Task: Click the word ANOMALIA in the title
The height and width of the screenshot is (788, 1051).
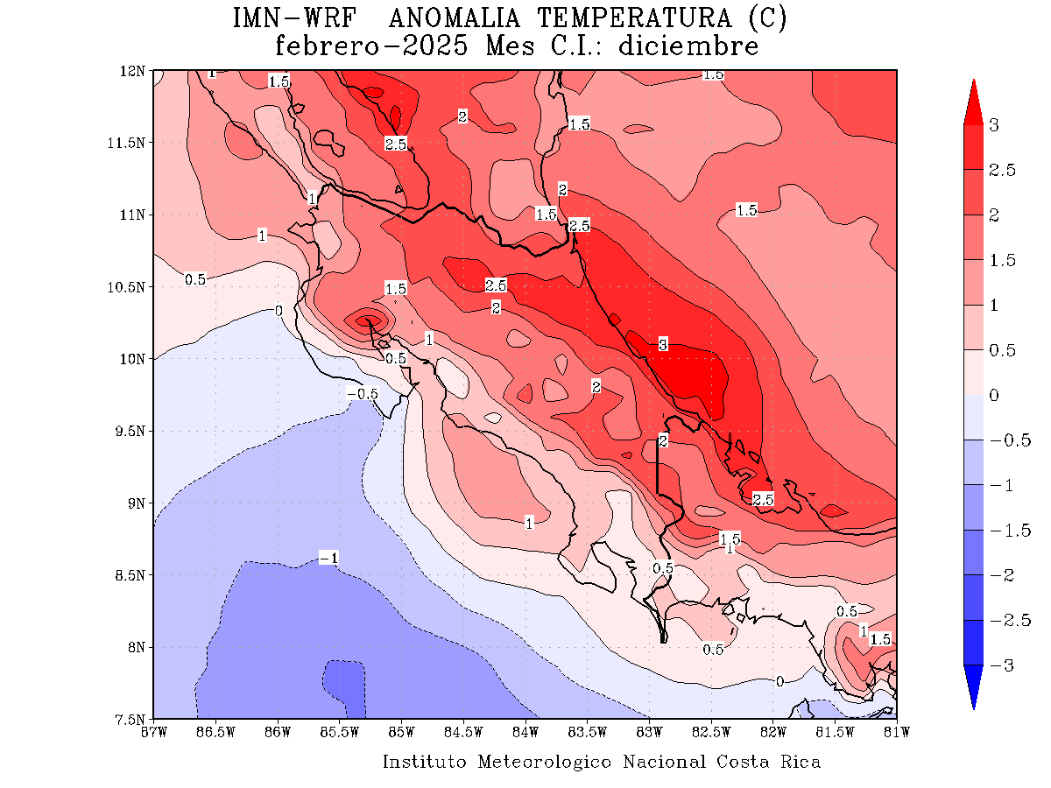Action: (455, 18)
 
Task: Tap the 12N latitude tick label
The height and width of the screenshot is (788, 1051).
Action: (136, 70)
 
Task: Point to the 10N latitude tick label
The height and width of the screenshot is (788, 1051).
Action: (136, 359)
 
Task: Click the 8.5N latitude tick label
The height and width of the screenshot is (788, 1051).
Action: (133, 575)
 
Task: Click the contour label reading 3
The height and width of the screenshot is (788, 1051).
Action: (663, 345)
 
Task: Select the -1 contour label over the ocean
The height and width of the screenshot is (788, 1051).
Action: (328, 558)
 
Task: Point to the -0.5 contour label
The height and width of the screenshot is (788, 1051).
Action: (362, 394)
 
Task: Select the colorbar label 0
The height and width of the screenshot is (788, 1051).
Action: (993, 396)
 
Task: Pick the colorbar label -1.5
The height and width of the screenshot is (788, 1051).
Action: (1004, 531)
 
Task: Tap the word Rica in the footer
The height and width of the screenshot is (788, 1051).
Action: (801, 762)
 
